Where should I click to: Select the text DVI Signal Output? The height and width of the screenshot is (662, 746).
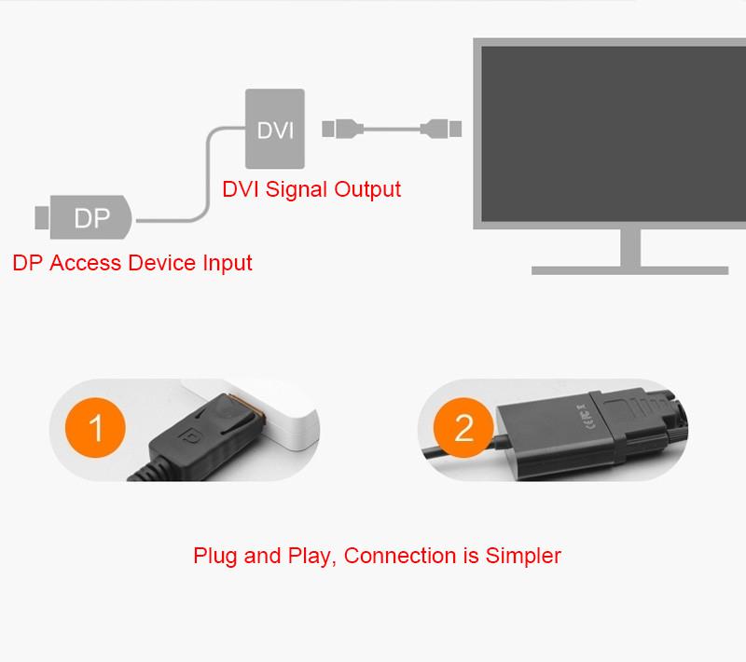click(311, 189)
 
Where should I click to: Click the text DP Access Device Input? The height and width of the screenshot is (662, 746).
click(132, 263)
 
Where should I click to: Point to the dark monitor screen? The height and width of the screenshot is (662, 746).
click(608, 131)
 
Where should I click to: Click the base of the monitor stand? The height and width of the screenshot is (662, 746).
click(629, 269)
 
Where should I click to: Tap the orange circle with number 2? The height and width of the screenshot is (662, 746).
click(463, 429)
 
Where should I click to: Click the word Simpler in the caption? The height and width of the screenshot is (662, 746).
click(523, 557)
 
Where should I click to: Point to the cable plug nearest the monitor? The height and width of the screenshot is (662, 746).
click(440, 127)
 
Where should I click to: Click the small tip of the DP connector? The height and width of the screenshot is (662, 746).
click(41, 217)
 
